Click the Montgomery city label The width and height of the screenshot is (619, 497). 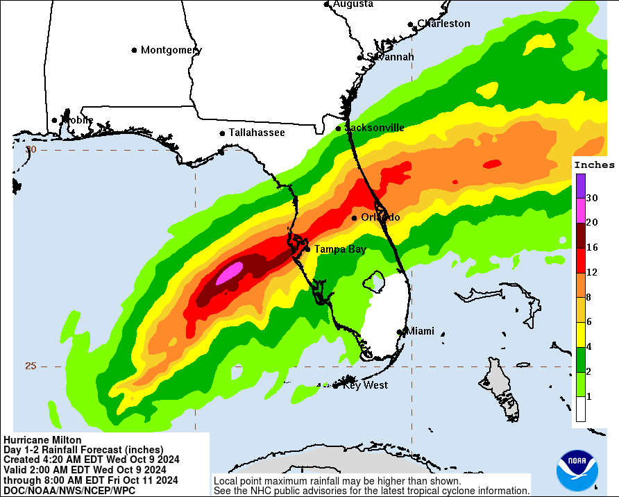171,50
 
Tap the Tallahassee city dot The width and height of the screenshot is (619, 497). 222,133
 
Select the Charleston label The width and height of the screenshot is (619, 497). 443,24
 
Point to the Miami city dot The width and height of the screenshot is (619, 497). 400,332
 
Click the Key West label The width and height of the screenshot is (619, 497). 365,385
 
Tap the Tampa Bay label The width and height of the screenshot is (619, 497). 340,249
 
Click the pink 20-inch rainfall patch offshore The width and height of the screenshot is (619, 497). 229,274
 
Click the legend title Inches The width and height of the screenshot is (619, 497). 594,165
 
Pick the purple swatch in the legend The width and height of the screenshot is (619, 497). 580,185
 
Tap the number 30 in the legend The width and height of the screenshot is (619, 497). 591,198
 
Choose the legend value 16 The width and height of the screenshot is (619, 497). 591,247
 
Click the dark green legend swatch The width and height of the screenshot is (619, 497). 580,359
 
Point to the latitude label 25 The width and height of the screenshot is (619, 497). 31,366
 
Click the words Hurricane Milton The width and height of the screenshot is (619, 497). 42,440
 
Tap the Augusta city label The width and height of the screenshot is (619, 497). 353,4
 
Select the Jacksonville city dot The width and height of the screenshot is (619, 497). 339,128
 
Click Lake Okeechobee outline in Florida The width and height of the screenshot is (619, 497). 375,281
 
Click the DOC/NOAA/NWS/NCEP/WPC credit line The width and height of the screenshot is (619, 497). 69,490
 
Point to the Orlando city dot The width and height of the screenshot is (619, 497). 355,217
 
